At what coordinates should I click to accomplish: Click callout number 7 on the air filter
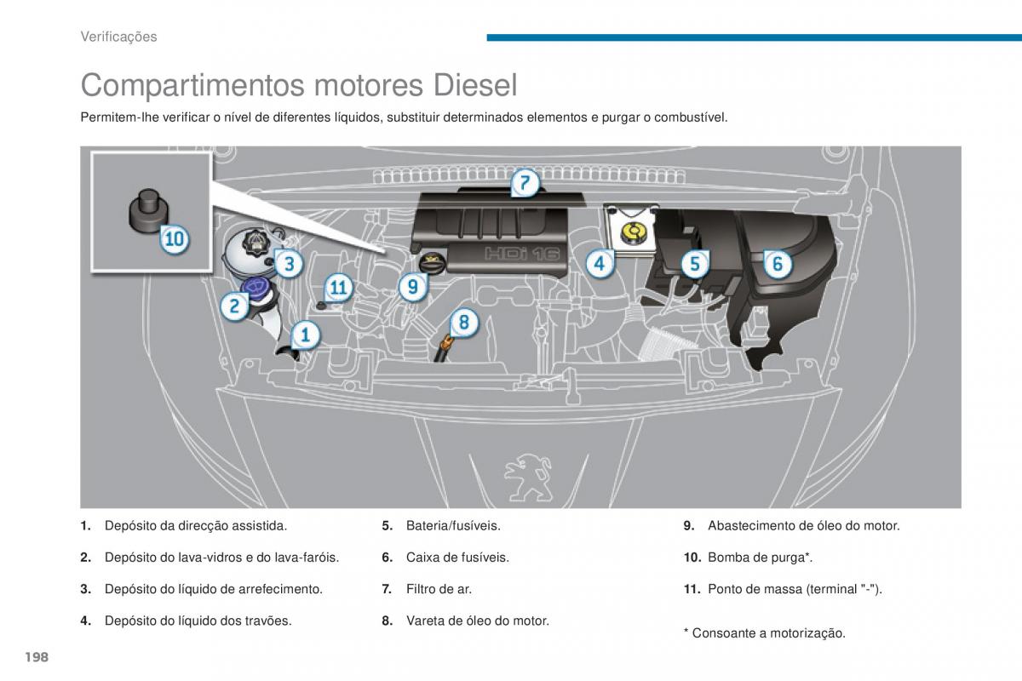point(525,183)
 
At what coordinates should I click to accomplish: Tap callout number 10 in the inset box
point(174,239)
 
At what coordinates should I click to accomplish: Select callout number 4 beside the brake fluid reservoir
point(600,264)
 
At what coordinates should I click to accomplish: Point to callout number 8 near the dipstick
point(464,323)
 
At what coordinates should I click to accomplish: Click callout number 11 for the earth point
point(339,288)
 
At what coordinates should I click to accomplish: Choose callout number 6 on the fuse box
point(777,264)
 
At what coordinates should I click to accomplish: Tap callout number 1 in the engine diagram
point(305,335)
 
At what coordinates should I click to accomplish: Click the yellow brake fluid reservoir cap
point(633,231)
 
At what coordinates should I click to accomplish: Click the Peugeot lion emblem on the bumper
point(519,471)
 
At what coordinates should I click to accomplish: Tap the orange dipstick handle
point(443,344)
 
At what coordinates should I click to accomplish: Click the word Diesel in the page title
point(475,85)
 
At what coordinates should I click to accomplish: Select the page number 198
point(35,657)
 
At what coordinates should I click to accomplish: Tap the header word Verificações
point(118,37)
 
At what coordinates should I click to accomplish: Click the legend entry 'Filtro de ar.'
point(439,589)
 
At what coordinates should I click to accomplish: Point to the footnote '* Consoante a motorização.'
point(764,633)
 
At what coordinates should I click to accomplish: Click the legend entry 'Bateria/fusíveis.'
point(453,526)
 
